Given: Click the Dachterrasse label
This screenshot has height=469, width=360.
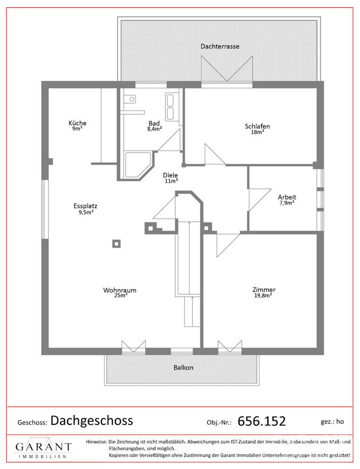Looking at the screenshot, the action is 220,46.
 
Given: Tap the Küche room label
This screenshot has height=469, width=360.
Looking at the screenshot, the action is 77,123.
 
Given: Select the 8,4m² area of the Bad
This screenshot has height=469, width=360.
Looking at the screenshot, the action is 155,129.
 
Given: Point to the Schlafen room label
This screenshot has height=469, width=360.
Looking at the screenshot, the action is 257,126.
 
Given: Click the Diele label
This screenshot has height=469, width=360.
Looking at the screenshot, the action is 170,175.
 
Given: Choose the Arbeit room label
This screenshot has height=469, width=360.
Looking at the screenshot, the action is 287,197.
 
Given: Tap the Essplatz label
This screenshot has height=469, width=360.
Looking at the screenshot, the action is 85,206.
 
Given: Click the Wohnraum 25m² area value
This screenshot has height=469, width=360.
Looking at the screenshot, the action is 121,296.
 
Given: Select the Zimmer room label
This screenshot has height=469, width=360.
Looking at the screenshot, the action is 264,290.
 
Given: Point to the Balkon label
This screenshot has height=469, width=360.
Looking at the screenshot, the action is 183,368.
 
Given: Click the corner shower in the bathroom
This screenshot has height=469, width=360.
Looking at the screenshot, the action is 138,165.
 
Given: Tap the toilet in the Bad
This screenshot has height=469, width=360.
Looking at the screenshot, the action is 130,99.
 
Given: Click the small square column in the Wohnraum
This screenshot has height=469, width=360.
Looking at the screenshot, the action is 117,244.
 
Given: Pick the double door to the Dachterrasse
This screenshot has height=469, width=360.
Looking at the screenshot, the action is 227,69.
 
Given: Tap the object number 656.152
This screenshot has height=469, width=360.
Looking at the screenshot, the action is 261,421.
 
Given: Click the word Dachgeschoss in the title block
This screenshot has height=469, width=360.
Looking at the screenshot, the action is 92,421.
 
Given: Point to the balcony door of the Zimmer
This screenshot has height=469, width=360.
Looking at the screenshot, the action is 230,347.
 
